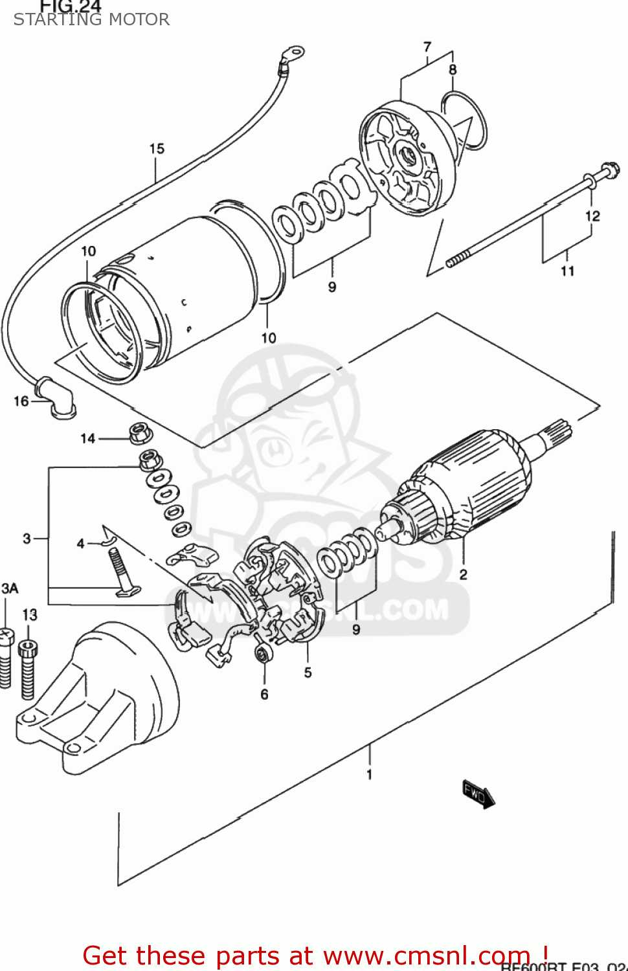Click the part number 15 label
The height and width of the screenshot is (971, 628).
point(157,149)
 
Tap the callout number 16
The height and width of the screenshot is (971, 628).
point(21,401)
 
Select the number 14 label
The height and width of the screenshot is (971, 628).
point(87,438)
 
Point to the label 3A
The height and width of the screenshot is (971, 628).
point(10,588)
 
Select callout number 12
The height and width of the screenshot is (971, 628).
point(592,216)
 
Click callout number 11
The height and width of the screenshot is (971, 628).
point(567,271)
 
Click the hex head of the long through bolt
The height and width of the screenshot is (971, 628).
point(608,172)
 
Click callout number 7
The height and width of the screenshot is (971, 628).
point(427,47)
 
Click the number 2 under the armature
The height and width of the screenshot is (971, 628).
point(463,574)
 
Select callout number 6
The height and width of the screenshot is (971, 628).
point(264,694)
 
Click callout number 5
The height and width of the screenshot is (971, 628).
point(308,673)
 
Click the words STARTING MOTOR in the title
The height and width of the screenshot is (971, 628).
point(91,19)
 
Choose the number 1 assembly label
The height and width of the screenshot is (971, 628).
point(369,774)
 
